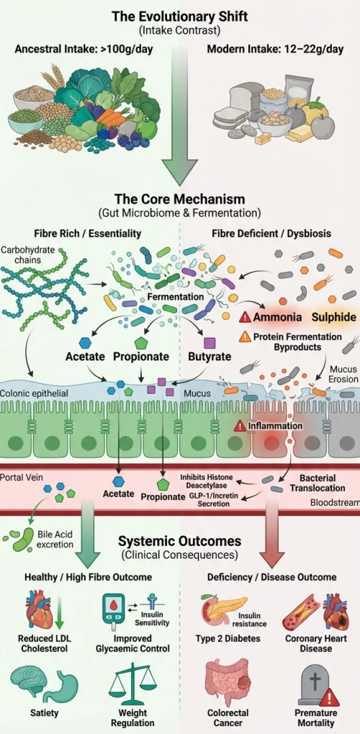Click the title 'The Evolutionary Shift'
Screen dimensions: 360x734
pos(180,17)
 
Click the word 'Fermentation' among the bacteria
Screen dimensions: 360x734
pos(176,297)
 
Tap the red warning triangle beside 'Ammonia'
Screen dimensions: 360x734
pos(245,318)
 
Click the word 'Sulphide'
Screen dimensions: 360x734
pos(334,317)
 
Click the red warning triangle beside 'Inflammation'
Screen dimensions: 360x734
pos(240,426)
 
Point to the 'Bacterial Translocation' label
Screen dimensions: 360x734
pos(318,483)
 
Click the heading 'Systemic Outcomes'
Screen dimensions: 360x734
pos(180,542)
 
